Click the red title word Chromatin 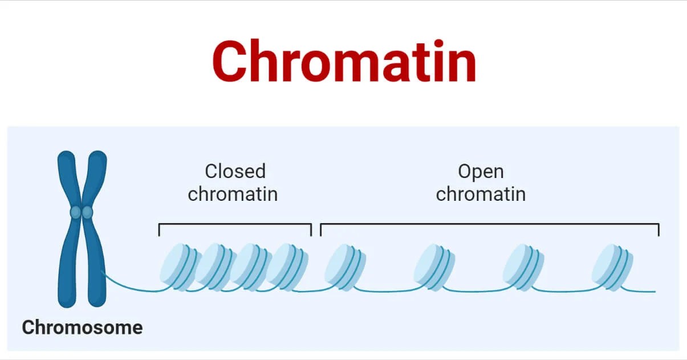point(344,62)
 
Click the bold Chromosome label point(82,327)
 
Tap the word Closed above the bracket point(235,171)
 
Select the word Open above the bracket point(481,171)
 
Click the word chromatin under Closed point(233,194)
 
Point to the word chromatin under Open point(481,194)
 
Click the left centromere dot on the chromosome point(75,212)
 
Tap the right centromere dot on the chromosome point(87,212)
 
